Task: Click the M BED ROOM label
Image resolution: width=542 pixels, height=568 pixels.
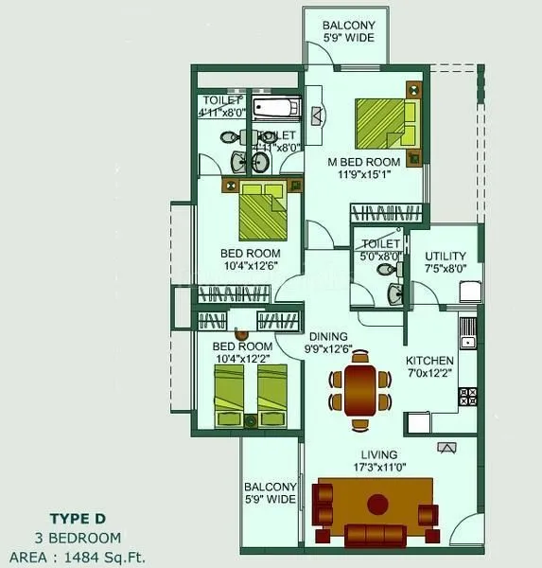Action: coord(363,162)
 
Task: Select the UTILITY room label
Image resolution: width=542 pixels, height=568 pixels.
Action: coord(445,257)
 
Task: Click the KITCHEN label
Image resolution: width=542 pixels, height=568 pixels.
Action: coord(429,361)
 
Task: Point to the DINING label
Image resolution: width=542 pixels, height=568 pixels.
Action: coord(328,336)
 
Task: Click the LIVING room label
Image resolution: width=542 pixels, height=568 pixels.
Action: coord(377,455)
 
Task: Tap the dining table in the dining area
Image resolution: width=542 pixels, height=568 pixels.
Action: coord(360,389)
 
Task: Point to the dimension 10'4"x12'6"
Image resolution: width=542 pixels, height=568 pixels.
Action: coord(250,266)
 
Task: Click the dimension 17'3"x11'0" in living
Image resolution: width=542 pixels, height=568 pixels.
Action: coord(377,468)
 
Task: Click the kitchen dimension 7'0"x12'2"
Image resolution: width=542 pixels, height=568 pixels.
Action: coord(429,373)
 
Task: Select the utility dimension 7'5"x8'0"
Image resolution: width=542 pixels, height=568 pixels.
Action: coord(445,269)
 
